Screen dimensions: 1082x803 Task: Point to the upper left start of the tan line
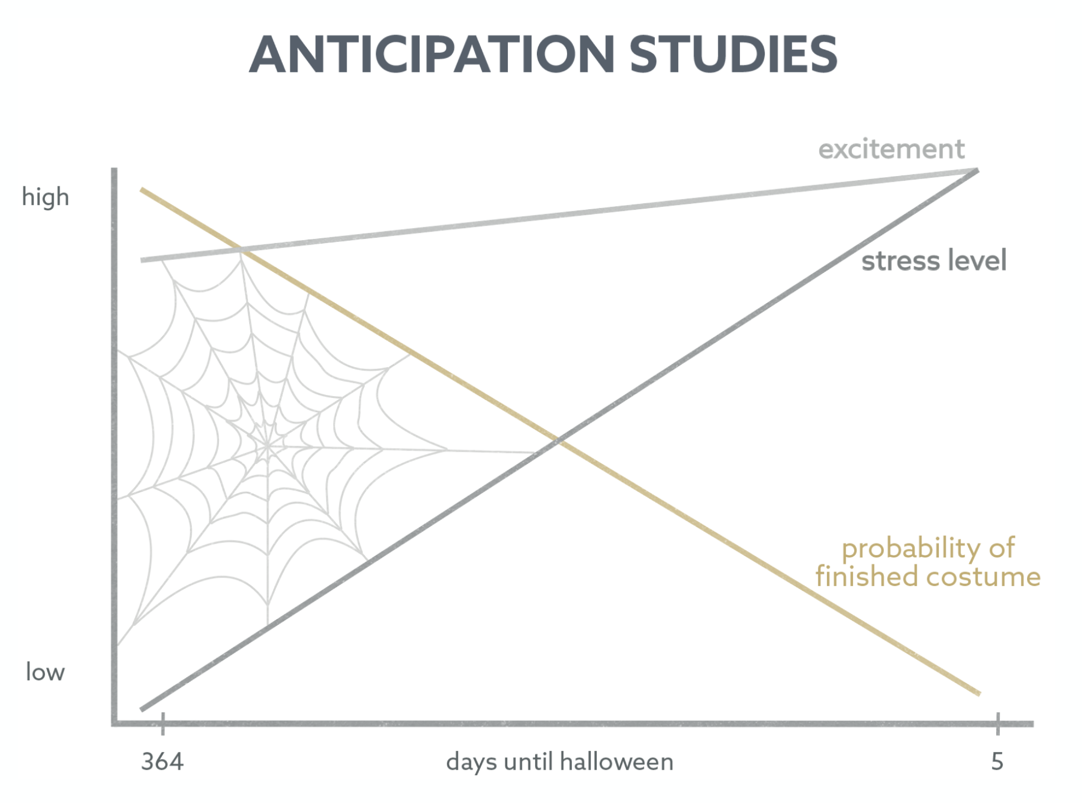coord(141,189)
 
